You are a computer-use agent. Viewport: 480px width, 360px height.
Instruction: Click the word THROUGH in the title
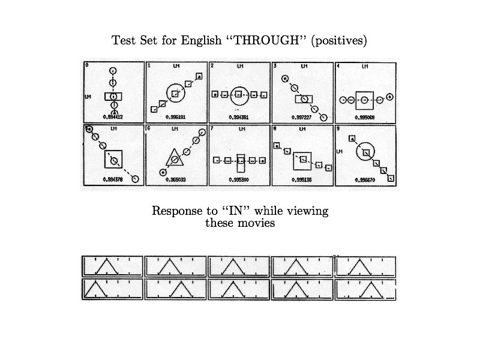[262, 41]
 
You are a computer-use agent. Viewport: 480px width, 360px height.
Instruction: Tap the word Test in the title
[123, 41]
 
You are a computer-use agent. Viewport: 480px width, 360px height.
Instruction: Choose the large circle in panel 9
[365, 152]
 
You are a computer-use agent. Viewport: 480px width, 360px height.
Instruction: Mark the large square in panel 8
[302, 160]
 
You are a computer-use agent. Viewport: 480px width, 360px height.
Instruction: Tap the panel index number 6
[148, 128]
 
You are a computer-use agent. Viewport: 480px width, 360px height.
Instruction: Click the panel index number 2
[212, 65]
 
